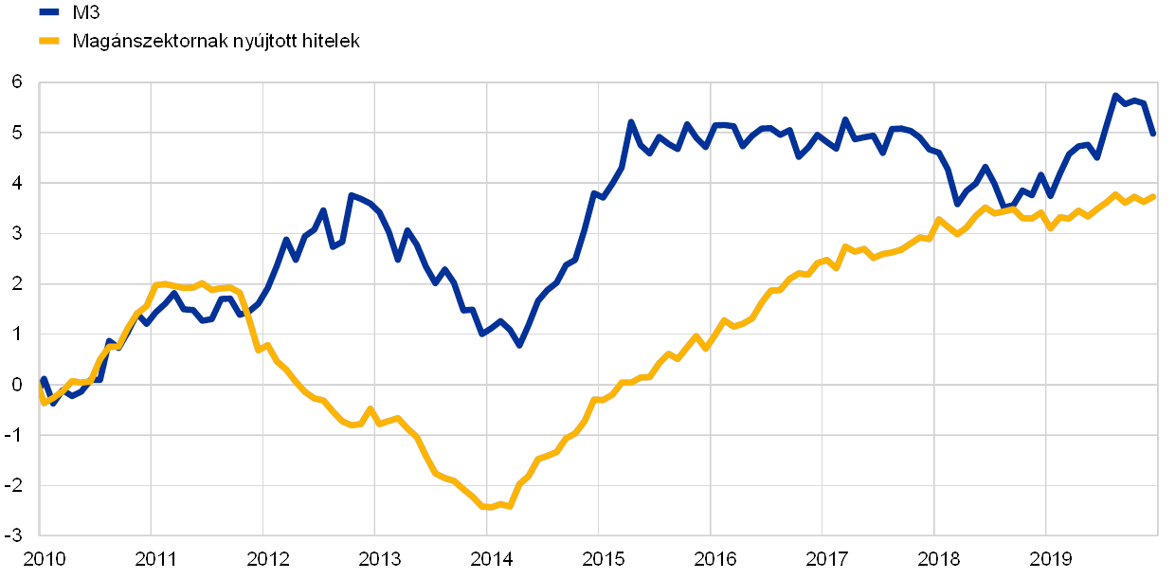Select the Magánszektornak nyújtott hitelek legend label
(217, 41)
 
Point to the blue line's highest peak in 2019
(1115, 96)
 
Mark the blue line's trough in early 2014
(519, 345)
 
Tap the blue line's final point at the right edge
(1154, 135)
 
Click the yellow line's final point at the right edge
(1154, 196)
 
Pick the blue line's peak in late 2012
(350, 195)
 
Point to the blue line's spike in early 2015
(630, 122)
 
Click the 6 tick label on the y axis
(16, 82)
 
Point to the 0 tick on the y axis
(16, 385)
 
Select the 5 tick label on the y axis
(16, 133)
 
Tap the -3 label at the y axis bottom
(16, 535)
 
